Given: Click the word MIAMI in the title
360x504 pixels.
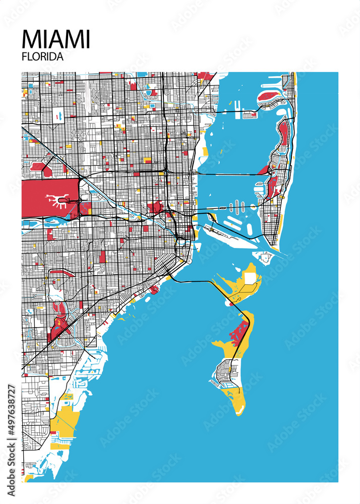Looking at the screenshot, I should (56, 39).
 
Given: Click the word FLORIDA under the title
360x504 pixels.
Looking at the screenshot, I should (43, 57).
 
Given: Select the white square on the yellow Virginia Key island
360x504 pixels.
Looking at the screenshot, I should (250, 279).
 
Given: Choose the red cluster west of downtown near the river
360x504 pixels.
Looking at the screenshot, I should (155, 207).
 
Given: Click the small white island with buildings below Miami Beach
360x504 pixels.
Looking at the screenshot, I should (264, 258).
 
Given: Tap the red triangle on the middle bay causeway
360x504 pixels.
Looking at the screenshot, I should (263, 170).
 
